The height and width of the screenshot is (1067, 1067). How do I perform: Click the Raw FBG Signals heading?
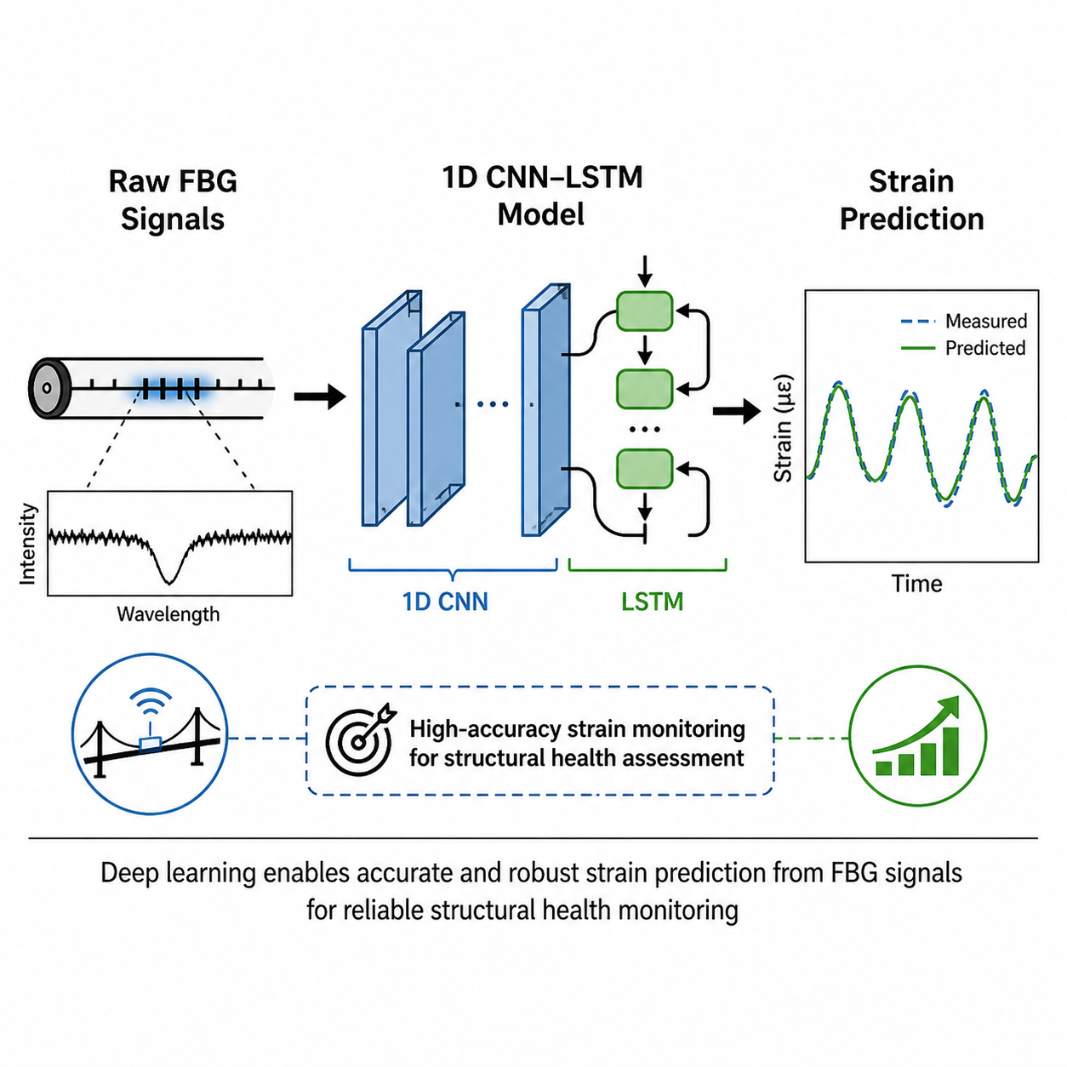point(173,200)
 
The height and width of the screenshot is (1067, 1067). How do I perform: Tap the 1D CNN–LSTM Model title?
point(542,196)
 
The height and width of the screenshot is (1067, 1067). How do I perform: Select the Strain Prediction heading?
point(911,200)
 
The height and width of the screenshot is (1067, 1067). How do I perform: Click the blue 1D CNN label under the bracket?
point(445,602)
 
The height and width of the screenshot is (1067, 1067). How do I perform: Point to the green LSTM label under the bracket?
point(653,602)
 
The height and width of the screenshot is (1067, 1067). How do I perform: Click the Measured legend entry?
point(963,321)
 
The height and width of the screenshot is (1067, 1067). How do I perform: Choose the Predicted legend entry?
point(963,348)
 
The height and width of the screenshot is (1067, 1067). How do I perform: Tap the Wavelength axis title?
point(168,614)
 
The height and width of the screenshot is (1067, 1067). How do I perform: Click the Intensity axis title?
point(27,544)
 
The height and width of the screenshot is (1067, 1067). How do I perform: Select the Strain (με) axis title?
point(783,429)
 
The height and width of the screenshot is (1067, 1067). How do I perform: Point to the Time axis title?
point(916,584)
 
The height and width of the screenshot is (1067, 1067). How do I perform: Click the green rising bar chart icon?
point(917,736)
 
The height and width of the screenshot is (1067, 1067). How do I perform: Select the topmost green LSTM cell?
point(644,311)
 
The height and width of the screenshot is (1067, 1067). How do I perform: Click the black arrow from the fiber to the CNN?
point(320,396)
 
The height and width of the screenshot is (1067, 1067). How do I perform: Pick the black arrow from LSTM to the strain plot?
point(737,411)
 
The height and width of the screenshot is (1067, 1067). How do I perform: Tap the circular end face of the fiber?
point(48,388)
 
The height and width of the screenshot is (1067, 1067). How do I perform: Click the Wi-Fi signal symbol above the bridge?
point(150,701)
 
